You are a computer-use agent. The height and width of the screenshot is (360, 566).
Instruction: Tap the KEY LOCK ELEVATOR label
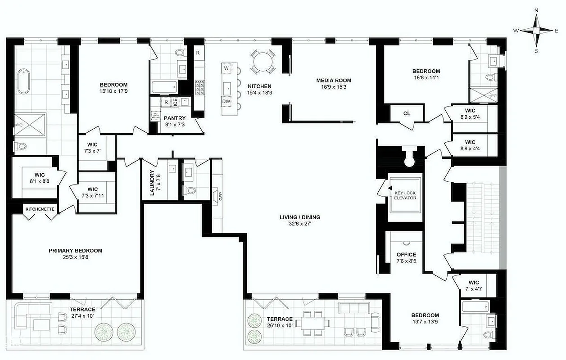(x=405, y=195)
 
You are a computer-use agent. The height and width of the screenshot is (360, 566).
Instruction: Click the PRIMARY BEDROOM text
(x=75, y=251)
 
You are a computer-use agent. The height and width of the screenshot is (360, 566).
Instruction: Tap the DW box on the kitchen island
(x=226, y=102)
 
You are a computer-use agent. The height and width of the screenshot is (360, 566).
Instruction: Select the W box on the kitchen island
(x=226, y=68)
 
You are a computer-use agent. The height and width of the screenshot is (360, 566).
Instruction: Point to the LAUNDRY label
(x=152, y=184)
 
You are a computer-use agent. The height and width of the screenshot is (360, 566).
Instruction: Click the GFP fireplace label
(x=221, y=197)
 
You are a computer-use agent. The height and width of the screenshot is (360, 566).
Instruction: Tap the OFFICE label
(x=406, y=255)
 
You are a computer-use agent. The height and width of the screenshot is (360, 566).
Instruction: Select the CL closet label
(x=407, y=113)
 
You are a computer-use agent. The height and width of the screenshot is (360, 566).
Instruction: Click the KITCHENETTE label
(x=40, y=209)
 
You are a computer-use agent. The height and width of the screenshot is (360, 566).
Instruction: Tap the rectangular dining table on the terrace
(x=315, y=322)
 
